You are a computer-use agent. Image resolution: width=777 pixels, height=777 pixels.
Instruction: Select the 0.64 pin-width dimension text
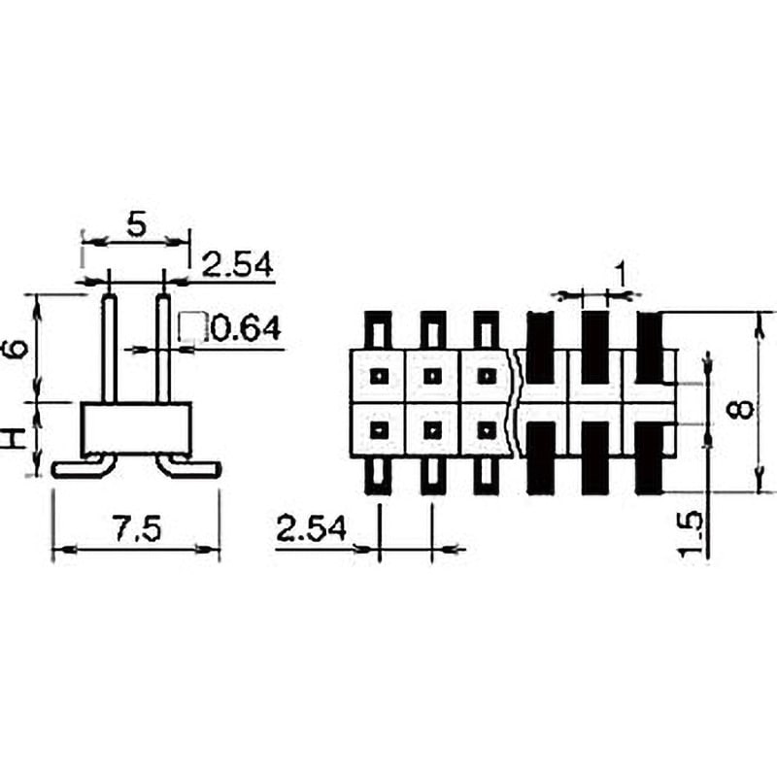(246, 329)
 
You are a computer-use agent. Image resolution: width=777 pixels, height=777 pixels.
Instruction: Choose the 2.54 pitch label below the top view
(311, 529)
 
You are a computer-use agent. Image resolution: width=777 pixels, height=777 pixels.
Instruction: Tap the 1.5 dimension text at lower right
(691, 535)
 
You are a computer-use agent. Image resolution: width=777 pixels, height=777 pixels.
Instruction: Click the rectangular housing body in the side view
(135, 427)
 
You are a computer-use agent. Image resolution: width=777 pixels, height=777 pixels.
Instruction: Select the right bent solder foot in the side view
(190, 468)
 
